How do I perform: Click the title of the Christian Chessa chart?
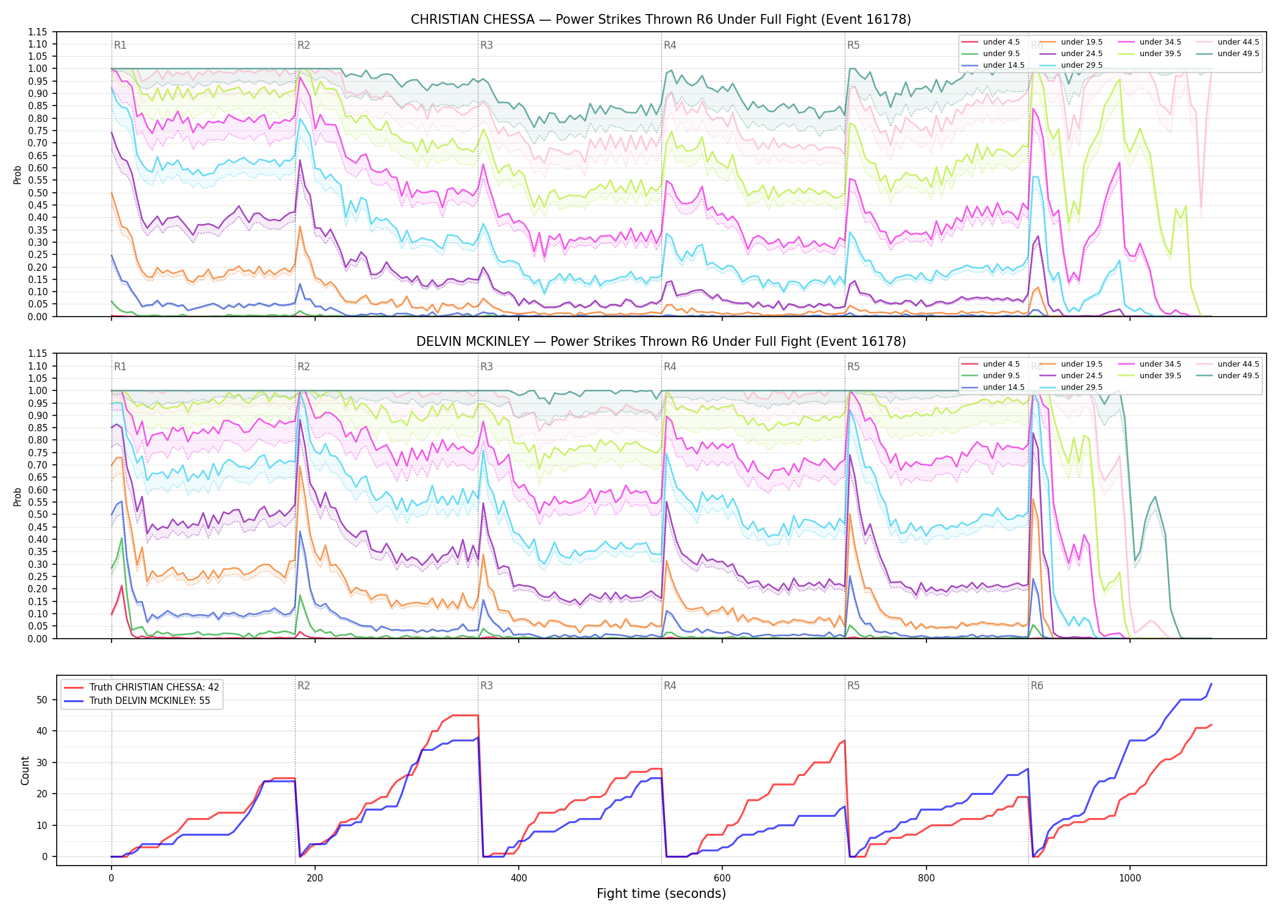click(x=661, y=20)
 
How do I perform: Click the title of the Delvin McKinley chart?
click(x=661, y=342)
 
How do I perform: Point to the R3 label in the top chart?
click(x=486, y=45)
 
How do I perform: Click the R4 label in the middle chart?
click(x=670, y=367)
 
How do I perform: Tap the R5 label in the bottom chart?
click(x=853, y=686)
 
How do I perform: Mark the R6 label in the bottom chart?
click(x=1037, y=686)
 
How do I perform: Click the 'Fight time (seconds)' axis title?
click(x=661, y=894)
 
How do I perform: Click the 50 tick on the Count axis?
click(x=42, y=700)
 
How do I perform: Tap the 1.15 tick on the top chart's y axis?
click(x=38, y=32)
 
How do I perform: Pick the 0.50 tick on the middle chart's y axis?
click(x=38, y=514)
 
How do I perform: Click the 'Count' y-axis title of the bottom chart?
click(x=25, y=770)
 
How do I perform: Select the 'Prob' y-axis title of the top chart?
click(x=18, y=175)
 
